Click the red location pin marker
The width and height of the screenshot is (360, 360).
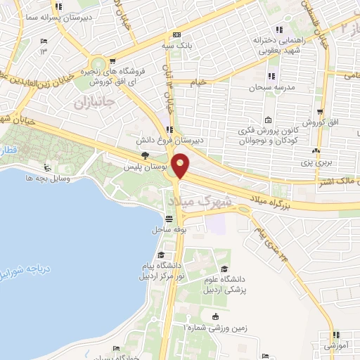181,166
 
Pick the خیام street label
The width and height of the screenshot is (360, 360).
200,82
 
